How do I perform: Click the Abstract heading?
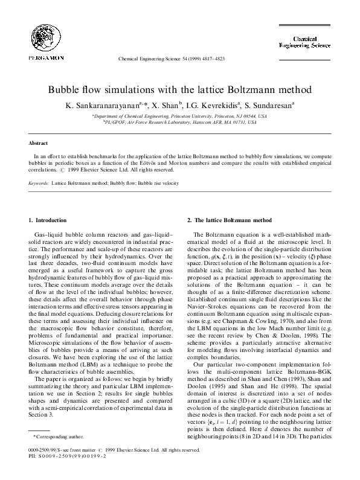(39, 143)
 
